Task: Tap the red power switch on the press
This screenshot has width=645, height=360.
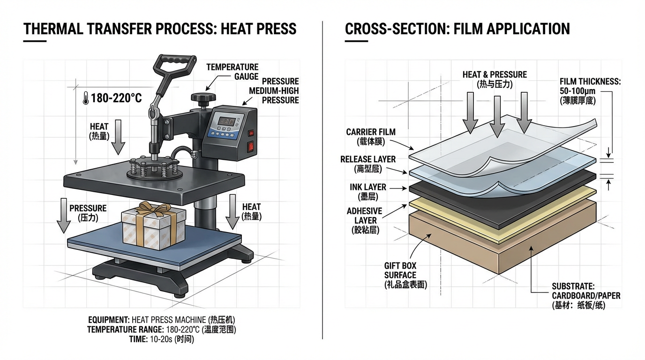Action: point(251,147)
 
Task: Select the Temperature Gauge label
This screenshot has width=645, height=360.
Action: point(232,72)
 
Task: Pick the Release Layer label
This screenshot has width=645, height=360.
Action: point(368,164)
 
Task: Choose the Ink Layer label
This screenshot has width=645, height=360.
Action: point(368,191)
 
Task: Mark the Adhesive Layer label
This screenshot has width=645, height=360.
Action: point(365,220)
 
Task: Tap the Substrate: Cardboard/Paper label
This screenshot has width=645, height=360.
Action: point(586,295)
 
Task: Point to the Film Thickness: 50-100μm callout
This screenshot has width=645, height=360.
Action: point(590,90)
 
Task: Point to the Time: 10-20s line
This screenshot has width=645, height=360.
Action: point(161,339)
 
